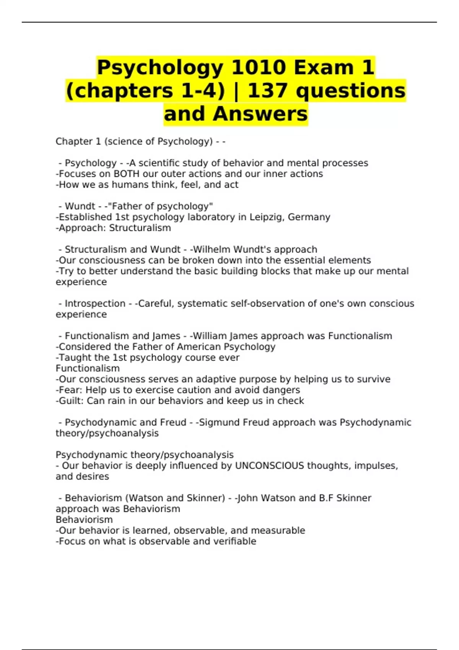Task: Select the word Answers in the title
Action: pos(260,114)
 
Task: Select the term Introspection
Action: pos(95,304)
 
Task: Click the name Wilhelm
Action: pos(212,250)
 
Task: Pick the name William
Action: pos(210,336)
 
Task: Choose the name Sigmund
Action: pos(216,422)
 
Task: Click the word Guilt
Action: pos(71,401)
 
